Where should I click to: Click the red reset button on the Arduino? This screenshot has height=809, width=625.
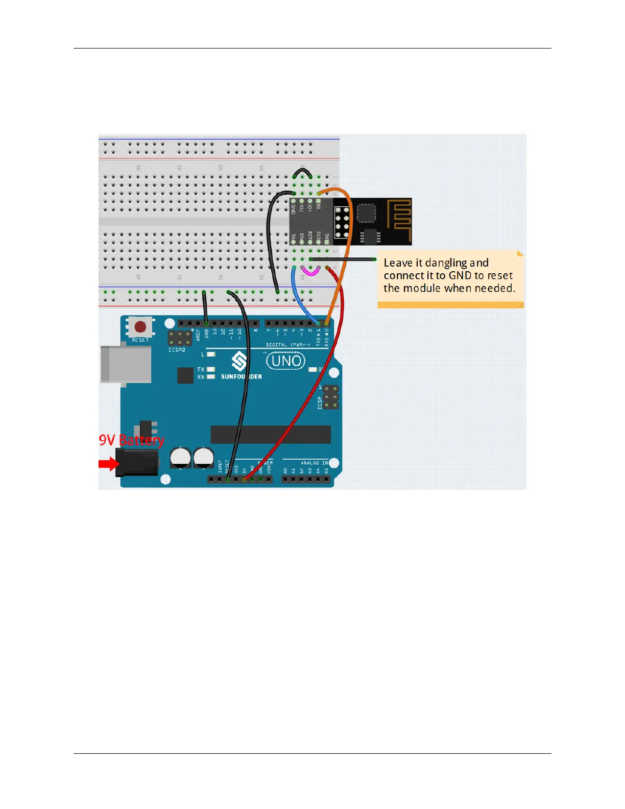140,327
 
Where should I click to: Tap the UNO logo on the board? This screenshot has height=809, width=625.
286,361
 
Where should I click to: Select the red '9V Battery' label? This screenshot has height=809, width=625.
131,440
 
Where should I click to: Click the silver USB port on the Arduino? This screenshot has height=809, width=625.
126,364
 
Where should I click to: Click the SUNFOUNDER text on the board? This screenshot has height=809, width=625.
241,376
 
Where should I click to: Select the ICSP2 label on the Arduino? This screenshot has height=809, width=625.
177,350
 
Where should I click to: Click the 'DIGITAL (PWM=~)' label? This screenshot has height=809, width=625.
288,345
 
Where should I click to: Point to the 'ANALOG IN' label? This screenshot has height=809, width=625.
314,463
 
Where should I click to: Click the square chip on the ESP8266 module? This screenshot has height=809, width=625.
366,213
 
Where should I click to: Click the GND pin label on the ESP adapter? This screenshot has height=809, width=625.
294,209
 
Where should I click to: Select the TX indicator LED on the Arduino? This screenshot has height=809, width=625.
210,369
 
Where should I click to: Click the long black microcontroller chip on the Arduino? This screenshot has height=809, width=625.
271,434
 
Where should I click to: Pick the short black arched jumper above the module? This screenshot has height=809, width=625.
302,173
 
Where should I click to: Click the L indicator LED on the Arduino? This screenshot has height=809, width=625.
210,354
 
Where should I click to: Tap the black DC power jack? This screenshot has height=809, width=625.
137,462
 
